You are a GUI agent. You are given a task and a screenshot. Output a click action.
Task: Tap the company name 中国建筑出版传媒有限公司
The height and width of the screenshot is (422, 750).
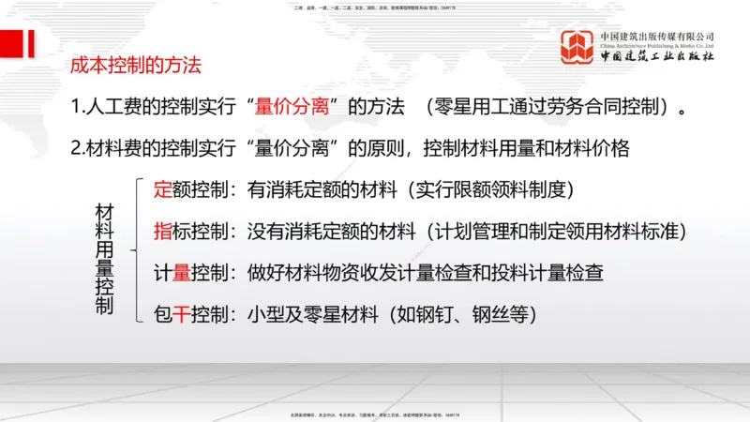click(656, 37)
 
